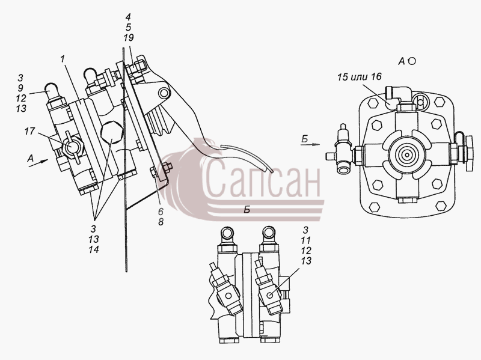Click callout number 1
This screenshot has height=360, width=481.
click(63, 59)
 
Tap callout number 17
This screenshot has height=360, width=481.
click(29, 132)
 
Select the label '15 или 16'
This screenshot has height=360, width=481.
click(359, 77)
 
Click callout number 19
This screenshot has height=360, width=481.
click(129, 38)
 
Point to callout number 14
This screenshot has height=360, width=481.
click(94, 249)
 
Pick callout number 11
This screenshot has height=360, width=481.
click(305, 240)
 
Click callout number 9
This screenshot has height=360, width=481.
click(20, 88)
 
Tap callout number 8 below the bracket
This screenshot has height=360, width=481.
click(161, 222)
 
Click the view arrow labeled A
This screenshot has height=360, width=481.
click(38, 163)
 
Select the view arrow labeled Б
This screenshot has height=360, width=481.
click(310, 144)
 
